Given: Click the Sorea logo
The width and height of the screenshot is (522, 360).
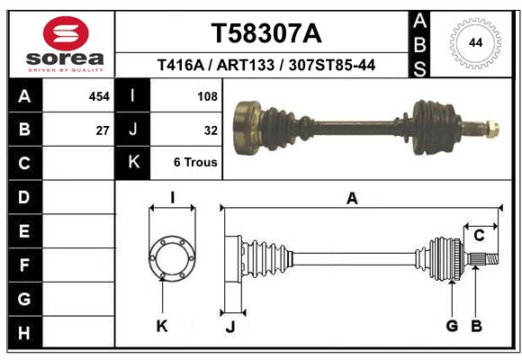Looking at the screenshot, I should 65,43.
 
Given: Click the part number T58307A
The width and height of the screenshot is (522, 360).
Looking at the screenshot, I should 265,33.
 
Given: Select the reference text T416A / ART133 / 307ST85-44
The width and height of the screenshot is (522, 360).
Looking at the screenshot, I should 265,65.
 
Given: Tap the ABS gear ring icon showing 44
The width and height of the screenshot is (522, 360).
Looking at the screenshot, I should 472,42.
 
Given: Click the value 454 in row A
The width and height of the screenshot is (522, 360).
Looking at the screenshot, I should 99,95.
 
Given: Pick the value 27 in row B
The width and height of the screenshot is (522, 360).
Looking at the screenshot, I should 103,130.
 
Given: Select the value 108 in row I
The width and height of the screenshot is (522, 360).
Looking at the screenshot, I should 207,95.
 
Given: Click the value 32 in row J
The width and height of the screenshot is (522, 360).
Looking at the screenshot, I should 211,130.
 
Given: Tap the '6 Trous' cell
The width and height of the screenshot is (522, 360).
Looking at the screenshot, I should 196,163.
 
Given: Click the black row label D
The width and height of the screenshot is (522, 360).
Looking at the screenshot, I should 24,197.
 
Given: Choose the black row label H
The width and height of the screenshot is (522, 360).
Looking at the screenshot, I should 24,334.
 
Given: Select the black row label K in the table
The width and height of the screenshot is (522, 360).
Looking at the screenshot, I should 133,163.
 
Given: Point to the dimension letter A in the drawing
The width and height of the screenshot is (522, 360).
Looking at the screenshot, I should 352,199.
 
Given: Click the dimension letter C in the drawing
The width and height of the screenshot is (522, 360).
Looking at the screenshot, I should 479,236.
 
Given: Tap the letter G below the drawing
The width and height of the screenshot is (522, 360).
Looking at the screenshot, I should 452,326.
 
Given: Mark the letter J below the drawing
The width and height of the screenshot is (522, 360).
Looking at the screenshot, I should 230,328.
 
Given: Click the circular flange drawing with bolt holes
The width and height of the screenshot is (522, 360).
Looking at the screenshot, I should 171,260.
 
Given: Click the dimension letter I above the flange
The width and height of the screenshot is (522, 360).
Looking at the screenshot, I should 171,198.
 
